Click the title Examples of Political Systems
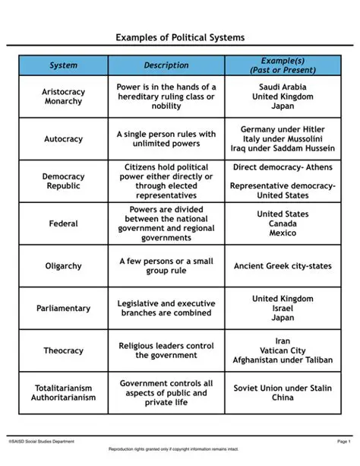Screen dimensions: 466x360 coord(180,37)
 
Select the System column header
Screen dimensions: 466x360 coord(63,65)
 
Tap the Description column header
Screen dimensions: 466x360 coord(166,65)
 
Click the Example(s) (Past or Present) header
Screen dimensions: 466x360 coord(282,65)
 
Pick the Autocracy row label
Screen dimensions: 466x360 coord(63,139)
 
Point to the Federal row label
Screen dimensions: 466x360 coord(63,224)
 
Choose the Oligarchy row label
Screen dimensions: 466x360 coord(63,266)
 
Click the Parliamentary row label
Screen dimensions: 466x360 coord(63,309)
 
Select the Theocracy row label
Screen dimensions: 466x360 coord(63,350)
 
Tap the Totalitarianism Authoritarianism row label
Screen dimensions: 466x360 coord(63,392)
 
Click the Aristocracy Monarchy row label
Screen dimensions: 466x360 coord(63,97)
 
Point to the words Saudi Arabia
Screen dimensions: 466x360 coord(282,87)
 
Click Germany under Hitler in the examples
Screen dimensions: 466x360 coord(282,129)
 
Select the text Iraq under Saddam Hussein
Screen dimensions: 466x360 coord(282,149)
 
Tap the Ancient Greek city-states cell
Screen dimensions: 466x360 coord(282,266)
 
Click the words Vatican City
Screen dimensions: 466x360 coord(282,350)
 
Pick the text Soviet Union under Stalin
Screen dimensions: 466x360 coord(282,388)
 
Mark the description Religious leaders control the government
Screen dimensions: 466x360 coord(166,350)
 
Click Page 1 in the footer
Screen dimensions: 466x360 coord(343,441)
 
